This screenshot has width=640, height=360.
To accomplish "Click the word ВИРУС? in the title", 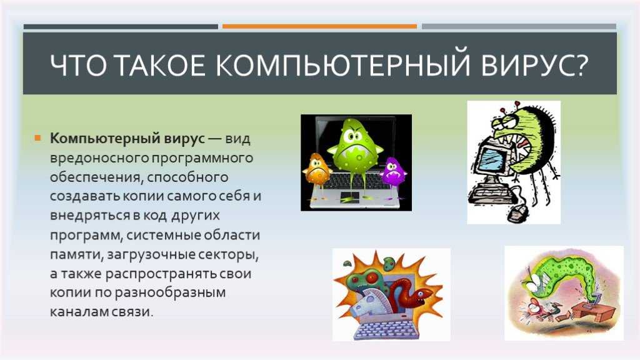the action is (535, 65).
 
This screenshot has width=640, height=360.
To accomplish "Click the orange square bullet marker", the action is (38, 138).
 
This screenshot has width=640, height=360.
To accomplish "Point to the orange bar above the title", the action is (319, 26).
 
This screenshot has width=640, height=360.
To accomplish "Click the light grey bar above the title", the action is (519, 26).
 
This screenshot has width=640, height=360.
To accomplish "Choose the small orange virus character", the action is (316, 171).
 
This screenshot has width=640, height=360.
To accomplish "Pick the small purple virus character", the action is (394, 171).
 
